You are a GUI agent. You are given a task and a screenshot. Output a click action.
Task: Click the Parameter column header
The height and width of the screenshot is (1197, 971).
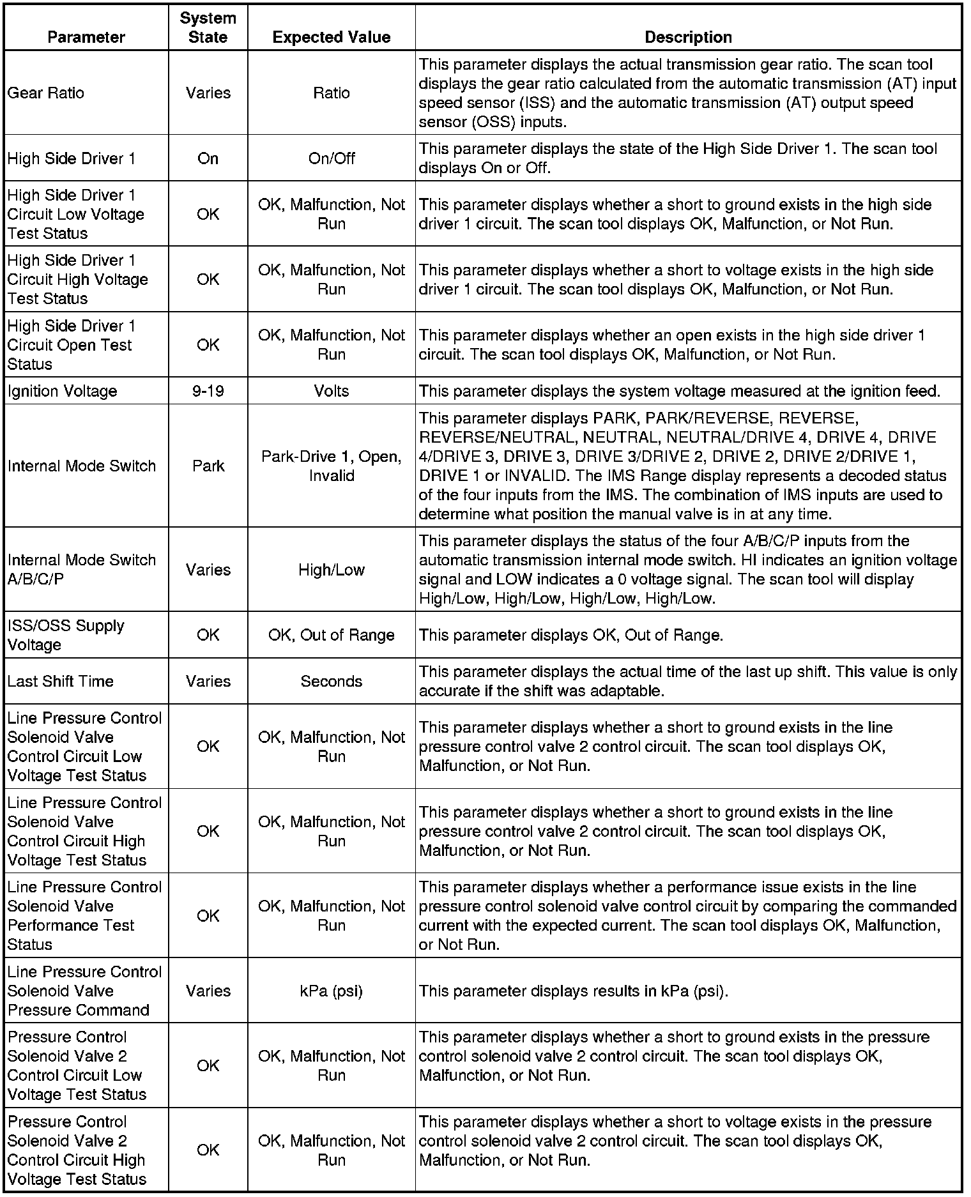click(86, 37)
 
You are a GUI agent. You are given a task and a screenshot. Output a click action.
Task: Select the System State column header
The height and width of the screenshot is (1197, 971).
click(208, 27)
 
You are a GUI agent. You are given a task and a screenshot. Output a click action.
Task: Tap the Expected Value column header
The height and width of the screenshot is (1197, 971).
click(331, 37)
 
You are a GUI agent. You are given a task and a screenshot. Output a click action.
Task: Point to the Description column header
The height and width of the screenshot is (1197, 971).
click(688, 37)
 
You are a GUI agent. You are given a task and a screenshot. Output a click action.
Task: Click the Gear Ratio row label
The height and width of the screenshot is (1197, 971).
click(46, 93)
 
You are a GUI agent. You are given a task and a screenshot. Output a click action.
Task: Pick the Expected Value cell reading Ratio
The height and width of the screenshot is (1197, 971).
click(331, 93)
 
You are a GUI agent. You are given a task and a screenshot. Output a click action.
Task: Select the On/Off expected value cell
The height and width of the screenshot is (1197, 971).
click(331, 158)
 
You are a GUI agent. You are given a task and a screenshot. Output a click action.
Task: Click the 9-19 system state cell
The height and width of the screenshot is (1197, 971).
click(208, 391)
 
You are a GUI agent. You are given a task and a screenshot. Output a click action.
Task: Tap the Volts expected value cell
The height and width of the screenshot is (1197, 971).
click(331, 391)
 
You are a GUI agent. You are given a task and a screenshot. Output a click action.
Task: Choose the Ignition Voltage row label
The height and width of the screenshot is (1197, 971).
click(63, 391)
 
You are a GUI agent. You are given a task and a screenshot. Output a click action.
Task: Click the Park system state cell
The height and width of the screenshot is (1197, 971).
click(208, 466)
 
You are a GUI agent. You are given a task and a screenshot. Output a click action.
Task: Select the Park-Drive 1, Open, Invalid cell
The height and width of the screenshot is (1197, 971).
click(331, 466)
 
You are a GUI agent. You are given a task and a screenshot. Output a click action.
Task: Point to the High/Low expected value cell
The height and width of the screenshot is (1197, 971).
click(331, 570)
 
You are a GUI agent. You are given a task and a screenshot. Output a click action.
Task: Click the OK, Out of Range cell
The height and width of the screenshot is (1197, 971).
click(331, 635)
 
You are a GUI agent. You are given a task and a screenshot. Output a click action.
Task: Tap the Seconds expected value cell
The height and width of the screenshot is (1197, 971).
click(331, 681)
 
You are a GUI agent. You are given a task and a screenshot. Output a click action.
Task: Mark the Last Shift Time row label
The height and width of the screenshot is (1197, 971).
click(61, 681)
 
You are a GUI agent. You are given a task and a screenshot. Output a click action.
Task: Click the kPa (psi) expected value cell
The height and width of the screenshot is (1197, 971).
click(331, 991)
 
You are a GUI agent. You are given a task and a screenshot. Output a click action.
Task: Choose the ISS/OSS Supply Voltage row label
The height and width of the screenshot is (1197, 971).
click(66, 635)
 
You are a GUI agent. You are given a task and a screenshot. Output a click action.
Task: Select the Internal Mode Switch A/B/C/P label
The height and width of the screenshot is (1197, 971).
click(82, 570)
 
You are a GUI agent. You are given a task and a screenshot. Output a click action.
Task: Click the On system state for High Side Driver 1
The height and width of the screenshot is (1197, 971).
click(208, 158)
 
